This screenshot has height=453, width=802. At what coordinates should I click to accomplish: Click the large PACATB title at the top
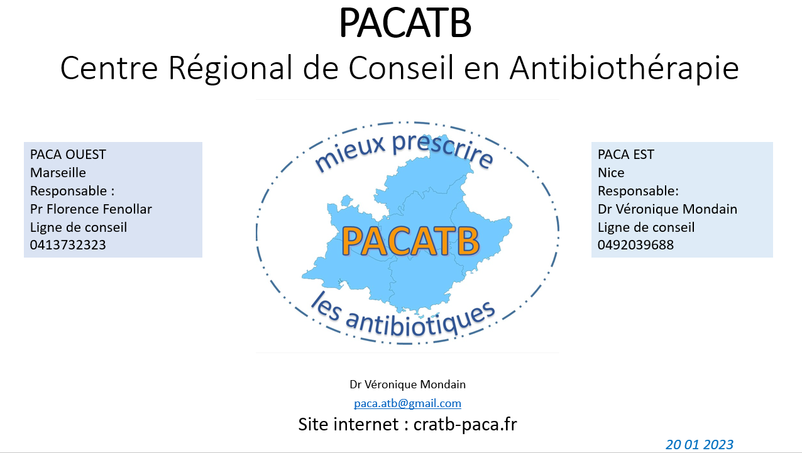click(x=405, y=23)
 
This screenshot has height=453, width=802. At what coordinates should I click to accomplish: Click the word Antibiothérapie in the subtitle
click(x=624, y=68)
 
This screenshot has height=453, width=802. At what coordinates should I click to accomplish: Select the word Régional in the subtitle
click(x=231, y=68)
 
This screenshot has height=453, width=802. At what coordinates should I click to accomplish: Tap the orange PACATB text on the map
click(x=410, y=241)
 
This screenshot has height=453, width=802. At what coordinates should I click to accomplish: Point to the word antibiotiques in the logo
click(x=420, y=320)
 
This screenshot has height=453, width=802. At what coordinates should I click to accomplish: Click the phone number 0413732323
click(x=68, y=245)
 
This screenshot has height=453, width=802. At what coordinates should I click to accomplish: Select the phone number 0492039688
click(x=635, y=245)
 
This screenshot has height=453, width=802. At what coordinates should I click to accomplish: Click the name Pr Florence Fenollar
click(x=91, y=209)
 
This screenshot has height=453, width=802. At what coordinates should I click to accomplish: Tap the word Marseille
click(x=58, y=173)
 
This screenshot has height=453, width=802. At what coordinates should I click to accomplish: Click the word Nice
click(x=611, y=173)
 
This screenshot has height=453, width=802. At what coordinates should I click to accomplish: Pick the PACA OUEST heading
click(x=68, y=154)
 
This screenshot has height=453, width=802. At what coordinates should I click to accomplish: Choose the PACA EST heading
click(x=626, y=154)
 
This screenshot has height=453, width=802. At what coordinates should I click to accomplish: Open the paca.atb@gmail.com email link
click(x=407, y=403)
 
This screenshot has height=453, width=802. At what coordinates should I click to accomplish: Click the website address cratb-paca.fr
click(x=465, y=424)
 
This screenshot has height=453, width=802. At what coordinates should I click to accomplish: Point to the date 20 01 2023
click(x=700, y=444)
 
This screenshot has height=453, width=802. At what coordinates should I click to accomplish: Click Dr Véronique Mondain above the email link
click(x=407, y=385)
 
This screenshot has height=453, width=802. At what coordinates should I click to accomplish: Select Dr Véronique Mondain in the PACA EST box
click(x=667, y=209)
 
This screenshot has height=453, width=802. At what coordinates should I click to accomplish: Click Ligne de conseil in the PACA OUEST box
click(x=79, y=227)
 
